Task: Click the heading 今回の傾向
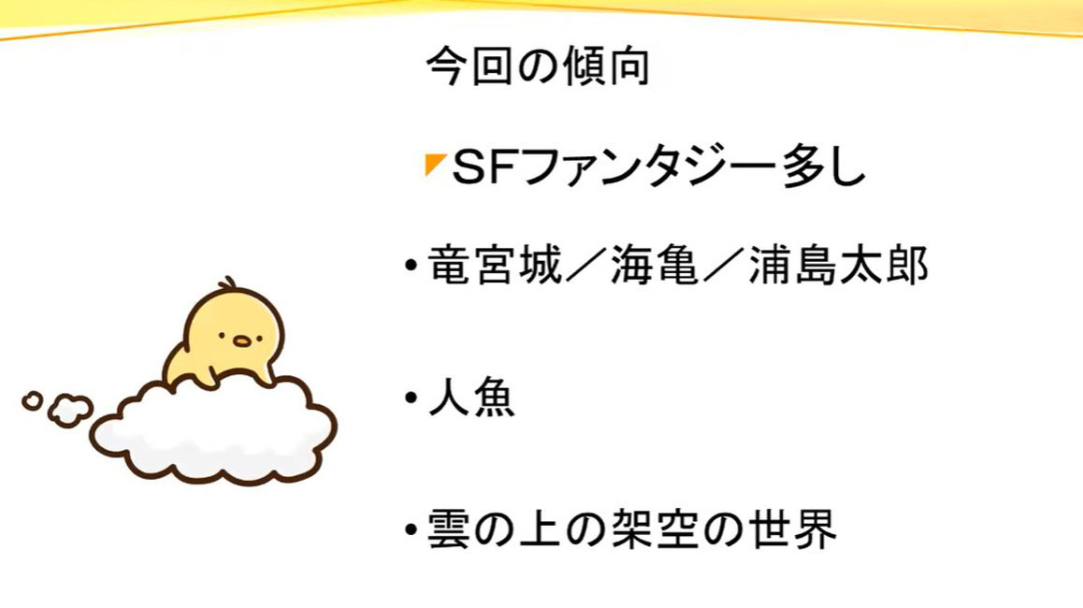click(538, 66)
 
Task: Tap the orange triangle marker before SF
click(433, 165)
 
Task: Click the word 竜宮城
click(495, 265)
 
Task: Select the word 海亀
click(654, 265)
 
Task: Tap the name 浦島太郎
click(838, 265)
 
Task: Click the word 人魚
click(471, 398)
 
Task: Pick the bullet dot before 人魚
click(412, 398)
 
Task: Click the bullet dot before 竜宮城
click(412, 266)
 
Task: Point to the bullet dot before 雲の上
click(412, 529)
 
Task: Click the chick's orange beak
click(241, 340)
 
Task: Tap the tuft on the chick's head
click(227, 284)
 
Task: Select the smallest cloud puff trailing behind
click(33, 400)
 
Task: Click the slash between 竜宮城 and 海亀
click(585, 266)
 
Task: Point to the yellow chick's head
click(235, 325)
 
